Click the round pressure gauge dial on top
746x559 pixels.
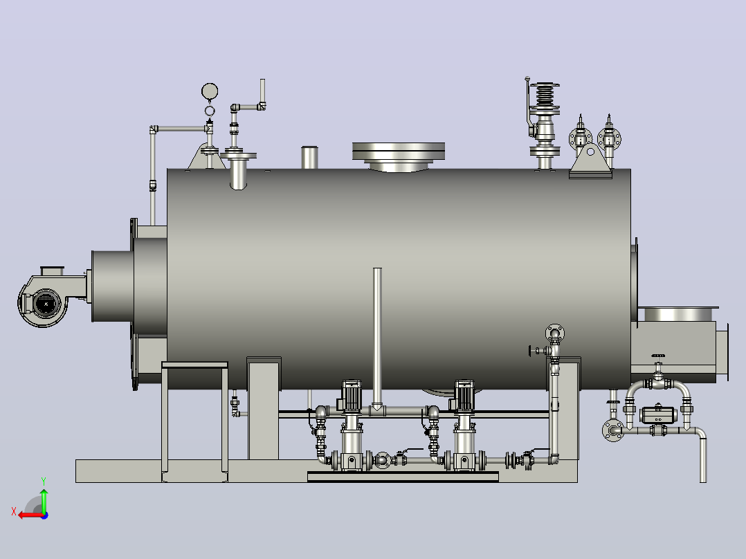[210, 91]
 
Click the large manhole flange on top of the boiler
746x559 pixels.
[399, 152]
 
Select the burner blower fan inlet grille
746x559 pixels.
[46, 303]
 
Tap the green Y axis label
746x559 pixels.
[44, 482]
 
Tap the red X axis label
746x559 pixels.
[14, 511]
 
